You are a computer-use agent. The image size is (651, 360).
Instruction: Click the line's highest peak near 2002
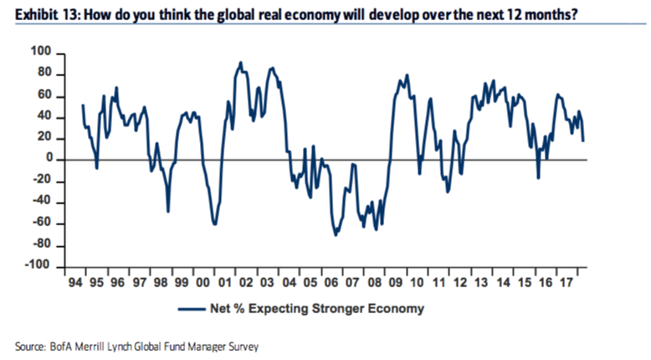coord(241,62)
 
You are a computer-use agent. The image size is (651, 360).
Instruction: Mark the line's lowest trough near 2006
coord(336,234)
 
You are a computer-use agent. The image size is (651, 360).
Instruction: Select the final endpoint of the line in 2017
coord(583,140)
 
